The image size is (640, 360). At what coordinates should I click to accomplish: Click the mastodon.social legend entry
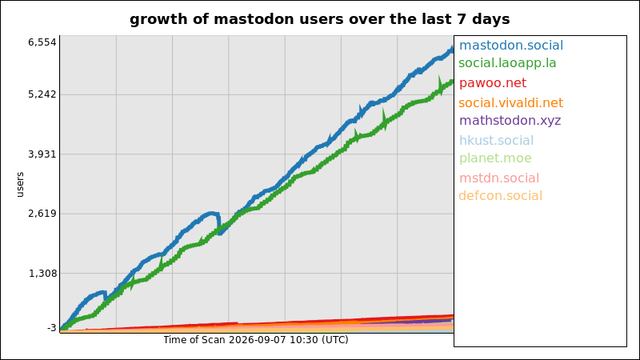[x=511, y=46]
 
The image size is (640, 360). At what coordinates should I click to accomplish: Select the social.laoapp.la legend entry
[x=507, y=63]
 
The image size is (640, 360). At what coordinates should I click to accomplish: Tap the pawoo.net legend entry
[x=493, y=83]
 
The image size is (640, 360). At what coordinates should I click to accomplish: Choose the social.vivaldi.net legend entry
[x=510, y=103]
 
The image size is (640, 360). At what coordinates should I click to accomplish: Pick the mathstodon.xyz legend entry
[x=510, y=121]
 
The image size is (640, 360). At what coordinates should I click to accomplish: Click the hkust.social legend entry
[x=496, y=141]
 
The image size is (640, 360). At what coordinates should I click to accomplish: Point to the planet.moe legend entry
[x=495, y=158]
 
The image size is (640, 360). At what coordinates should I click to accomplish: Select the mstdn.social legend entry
[x=499, y=178]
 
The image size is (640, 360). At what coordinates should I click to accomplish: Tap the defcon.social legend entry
[x=501, y=196]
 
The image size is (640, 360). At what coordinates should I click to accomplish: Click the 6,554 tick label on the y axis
[x=42, y=42]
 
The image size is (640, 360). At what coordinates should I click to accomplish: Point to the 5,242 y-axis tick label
[x=42, y=94]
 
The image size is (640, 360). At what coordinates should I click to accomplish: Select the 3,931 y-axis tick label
[x=42, y=154]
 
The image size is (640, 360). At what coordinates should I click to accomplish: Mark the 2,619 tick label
[x=42, y=214]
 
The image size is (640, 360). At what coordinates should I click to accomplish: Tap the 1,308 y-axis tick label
[x=42, y=273]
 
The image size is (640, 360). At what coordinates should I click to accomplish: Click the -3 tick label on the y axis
[x=52, y=328]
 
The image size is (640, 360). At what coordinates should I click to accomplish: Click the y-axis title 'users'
[x=20, y=185]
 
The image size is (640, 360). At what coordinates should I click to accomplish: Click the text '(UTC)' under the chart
[x=334, y=339]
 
